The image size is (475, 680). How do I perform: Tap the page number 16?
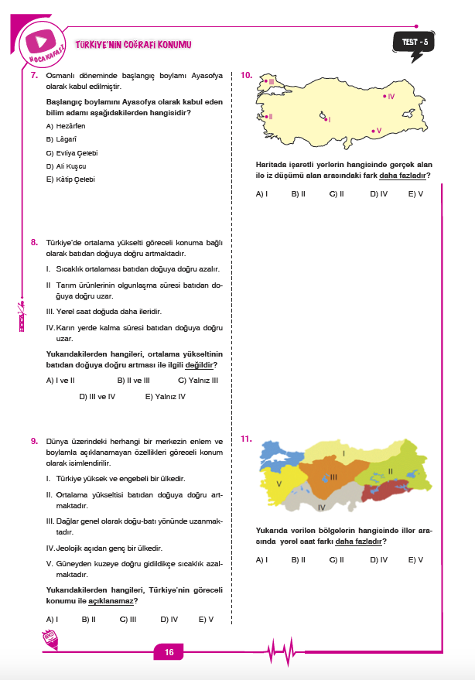pyautogui.click(x=168, y=653)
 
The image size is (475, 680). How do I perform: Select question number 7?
pyautogui.click(x=34, y=76)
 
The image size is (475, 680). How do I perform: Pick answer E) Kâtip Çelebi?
pyautogui.click(x=70, y=179)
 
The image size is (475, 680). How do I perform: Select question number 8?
pyautogui.click(x=34, y=242)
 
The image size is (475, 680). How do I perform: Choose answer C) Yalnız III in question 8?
pyautogui.click(x=198, y=380)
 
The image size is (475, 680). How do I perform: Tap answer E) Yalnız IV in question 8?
pyautogui.click(x=166, y=396)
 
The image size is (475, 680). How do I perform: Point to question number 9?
pyautogui.click(x=34, y=441)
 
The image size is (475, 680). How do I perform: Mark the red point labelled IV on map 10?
pyautogui.click(x=384, y=96)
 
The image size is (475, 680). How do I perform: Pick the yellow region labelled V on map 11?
pyautogui.click(x=280, y=486)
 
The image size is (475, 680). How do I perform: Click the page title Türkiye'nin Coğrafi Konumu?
pyautogui.click(x=133, y=46)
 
